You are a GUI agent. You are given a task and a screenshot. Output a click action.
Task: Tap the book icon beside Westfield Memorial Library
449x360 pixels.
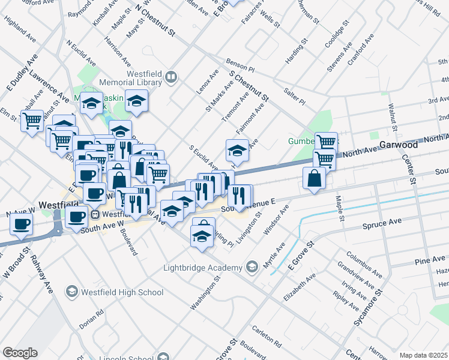(x=172, y=76)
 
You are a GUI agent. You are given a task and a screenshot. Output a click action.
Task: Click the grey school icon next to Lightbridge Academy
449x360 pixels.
(x=252, y=267)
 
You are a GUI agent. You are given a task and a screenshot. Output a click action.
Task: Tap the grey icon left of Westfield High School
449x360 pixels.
(x=71, y=292)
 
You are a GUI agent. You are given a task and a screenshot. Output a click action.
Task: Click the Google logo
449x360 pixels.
(x=20, y=353)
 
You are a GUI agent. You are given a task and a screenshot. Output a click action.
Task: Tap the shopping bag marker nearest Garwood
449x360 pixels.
(x=315, y=178)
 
